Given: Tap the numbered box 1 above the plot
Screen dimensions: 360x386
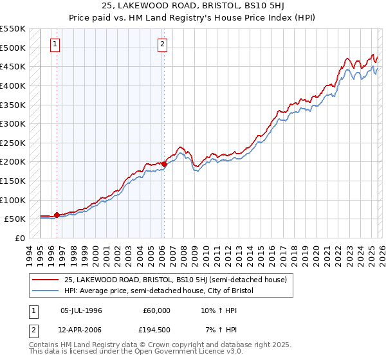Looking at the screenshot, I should (55, 44).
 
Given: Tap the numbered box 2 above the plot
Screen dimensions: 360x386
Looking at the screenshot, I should (162, 44).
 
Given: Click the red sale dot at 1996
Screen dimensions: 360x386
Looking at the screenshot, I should (57, 215).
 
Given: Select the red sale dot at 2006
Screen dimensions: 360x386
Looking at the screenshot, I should (164, 164).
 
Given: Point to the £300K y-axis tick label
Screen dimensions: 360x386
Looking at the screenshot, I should (14, 123).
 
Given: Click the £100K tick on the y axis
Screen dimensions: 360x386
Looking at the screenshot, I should (14, 200).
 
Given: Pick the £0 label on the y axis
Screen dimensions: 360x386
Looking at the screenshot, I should (20, 238).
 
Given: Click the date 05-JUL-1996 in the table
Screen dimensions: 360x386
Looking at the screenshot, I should (81, 310).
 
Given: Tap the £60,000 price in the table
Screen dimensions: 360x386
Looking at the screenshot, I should (156, 310).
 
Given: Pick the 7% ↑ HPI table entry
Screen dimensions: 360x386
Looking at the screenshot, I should (221, 330).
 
